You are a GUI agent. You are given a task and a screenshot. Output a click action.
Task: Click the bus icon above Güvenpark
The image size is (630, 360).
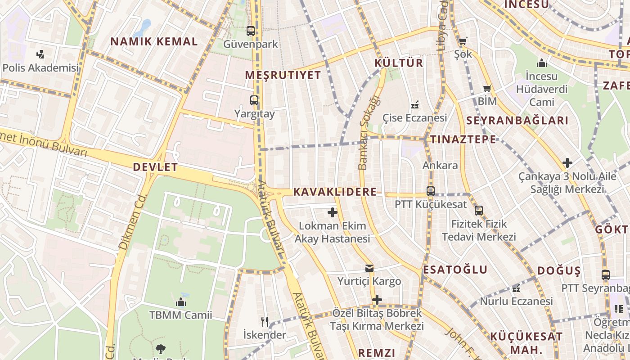point(251,31)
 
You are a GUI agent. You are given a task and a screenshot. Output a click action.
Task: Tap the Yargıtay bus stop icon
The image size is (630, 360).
point(254,100)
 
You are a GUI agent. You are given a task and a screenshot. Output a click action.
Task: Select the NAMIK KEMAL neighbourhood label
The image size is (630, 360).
point(154,42)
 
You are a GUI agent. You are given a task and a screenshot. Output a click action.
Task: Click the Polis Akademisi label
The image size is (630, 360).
point(40,68)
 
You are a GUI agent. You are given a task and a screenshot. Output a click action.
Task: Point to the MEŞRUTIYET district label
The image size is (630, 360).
point(283,75)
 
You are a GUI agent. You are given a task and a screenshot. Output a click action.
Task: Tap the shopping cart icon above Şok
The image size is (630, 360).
point(463,41)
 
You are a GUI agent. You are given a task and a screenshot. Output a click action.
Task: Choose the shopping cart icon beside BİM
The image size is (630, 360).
point(487,88)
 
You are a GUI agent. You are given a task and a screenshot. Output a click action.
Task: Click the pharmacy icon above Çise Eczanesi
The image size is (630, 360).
point(415,105)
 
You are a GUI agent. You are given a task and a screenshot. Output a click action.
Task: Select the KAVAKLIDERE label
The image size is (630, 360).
point(335,192)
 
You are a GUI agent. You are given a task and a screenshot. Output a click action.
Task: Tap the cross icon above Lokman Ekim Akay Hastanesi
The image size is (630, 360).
point(333,212)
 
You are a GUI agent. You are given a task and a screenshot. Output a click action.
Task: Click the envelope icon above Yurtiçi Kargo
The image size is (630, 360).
point(369,268)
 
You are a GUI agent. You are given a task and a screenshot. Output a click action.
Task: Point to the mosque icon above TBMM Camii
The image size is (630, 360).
point(181,301)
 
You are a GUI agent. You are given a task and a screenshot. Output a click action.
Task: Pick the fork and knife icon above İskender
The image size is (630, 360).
point(265,321)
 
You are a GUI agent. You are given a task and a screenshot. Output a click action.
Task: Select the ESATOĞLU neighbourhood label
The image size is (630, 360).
point(455,270)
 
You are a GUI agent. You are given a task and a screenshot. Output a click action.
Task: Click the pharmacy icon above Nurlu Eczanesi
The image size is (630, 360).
point(516,288)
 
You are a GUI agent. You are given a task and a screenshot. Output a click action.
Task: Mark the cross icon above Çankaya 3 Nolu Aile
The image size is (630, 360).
point(567,163)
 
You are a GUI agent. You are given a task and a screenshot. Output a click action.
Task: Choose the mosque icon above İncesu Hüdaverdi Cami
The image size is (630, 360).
point(542,63)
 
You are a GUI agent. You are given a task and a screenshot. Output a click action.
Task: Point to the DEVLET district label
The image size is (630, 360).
point(155,167)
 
